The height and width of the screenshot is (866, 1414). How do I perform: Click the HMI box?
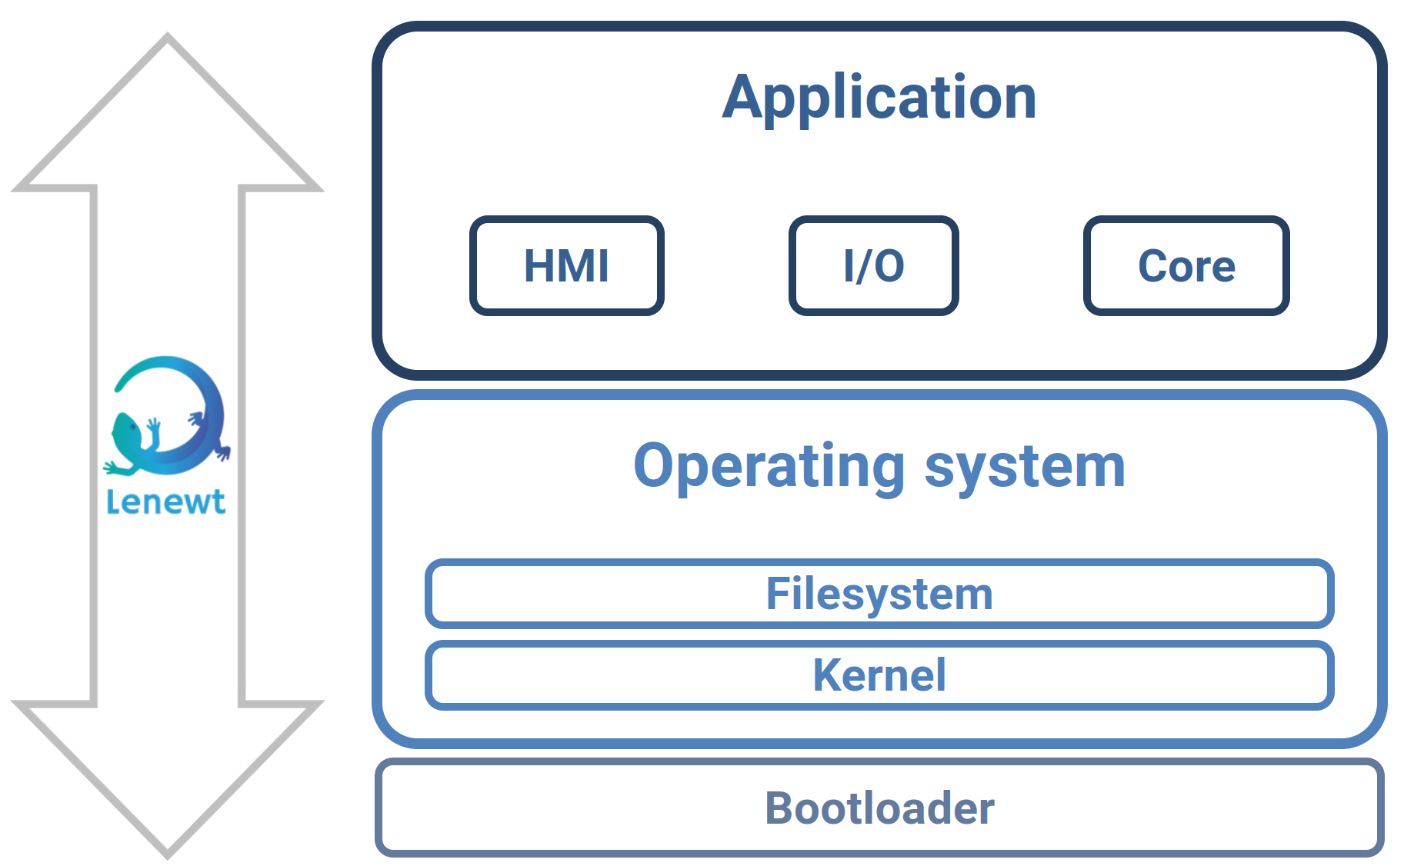pyautogui.click(x=566, y=266)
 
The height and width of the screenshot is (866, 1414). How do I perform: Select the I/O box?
pyautogui.click(x=873, y=266)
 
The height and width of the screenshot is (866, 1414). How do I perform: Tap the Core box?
pyautogui.click(x=1186, y=266)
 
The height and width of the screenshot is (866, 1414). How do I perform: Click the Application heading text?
pyautogui.click(x=879, y=98)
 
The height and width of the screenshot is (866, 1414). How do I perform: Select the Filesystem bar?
pyautogui.click(x=879, y=594)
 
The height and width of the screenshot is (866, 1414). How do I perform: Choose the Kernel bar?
pyautogui.click(x=879, y=675)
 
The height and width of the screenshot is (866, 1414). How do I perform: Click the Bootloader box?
pyautogui.click(x=879, y=808)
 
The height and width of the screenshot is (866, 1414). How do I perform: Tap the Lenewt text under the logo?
pyautogui.click(x=165, y=502)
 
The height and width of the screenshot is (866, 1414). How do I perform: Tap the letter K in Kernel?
pyautogui.click(x=829, y=675)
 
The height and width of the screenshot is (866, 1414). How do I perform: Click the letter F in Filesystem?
pyautogui.click(x=779, y=594)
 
